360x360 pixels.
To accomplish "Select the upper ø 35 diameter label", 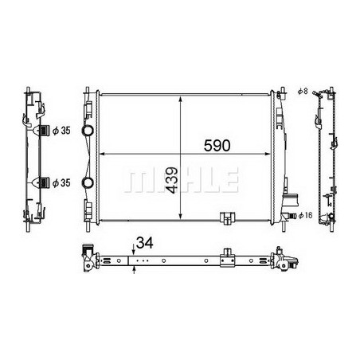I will pos(61,130).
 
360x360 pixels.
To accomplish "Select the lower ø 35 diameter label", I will pos(61,182).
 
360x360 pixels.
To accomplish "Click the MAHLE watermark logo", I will pos(181,180).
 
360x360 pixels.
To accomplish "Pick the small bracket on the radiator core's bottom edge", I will pos(226,217).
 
